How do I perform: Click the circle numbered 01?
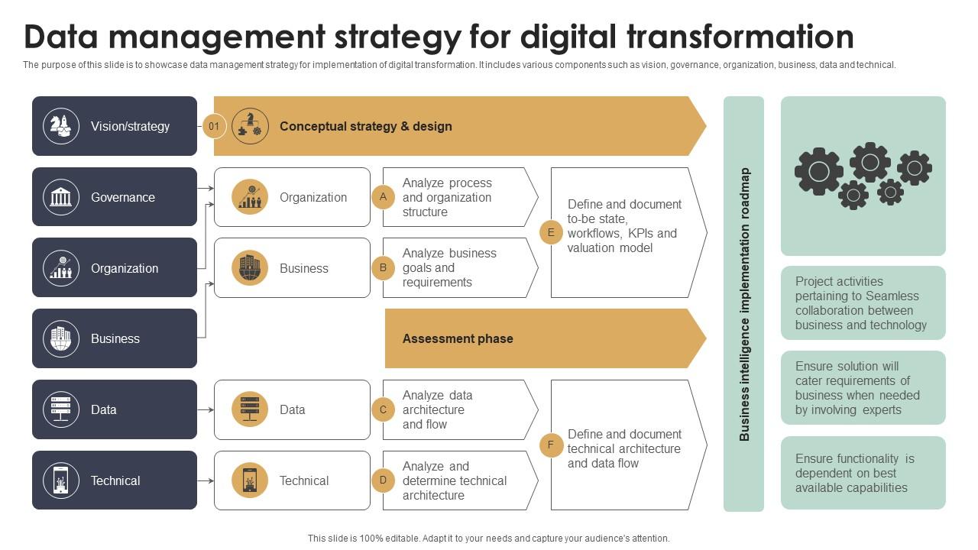point(215,126)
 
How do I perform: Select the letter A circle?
point(383,197)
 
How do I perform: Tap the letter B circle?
point(383,267)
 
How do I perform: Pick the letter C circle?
point(383,409)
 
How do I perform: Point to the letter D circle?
point(383,480)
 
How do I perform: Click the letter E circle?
point(551,232)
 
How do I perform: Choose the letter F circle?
point(551,445)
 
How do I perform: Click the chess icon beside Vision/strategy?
point(61,126)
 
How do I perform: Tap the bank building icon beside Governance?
point(61,197)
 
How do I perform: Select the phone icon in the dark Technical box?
point(61,480)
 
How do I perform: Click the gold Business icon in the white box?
point(250,268)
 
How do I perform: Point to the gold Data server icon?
point(250,409)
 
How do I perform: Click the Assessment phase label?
point(458,338)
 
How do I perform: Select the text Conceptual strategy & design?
point(366,126)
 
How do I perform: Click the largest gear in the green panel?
point(818,170)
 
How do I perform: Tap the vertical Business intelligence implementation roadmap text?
point(744,304)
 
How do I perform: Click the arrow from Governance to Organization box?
point(206,188)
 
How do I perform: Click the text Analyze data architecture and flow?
point(438,409)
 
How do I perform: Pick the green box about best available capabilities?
point(863,473)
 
